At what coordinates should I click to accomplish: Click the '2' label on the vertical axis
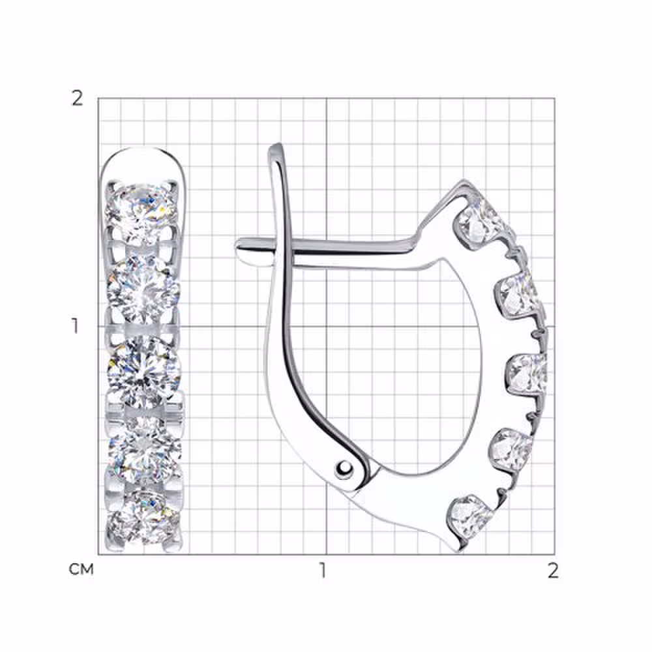pyautogui.click(x=78, y=99)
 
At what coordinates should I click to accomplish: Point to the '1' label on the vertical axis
pyautogui.click(x=75, y=327)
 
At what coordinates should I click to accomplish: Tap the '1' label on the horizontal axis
pyautogui.click(x=322, y=570)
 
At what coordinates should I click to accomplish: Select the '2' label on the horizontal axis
pyautogui.click(x=553, y=570)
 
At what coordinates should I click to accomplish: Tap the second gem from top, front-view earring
pyautogui.click(x=143, y=289)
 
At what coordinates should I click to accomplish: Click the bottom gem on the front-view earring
pyautogui.click(x=143, y=518)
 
